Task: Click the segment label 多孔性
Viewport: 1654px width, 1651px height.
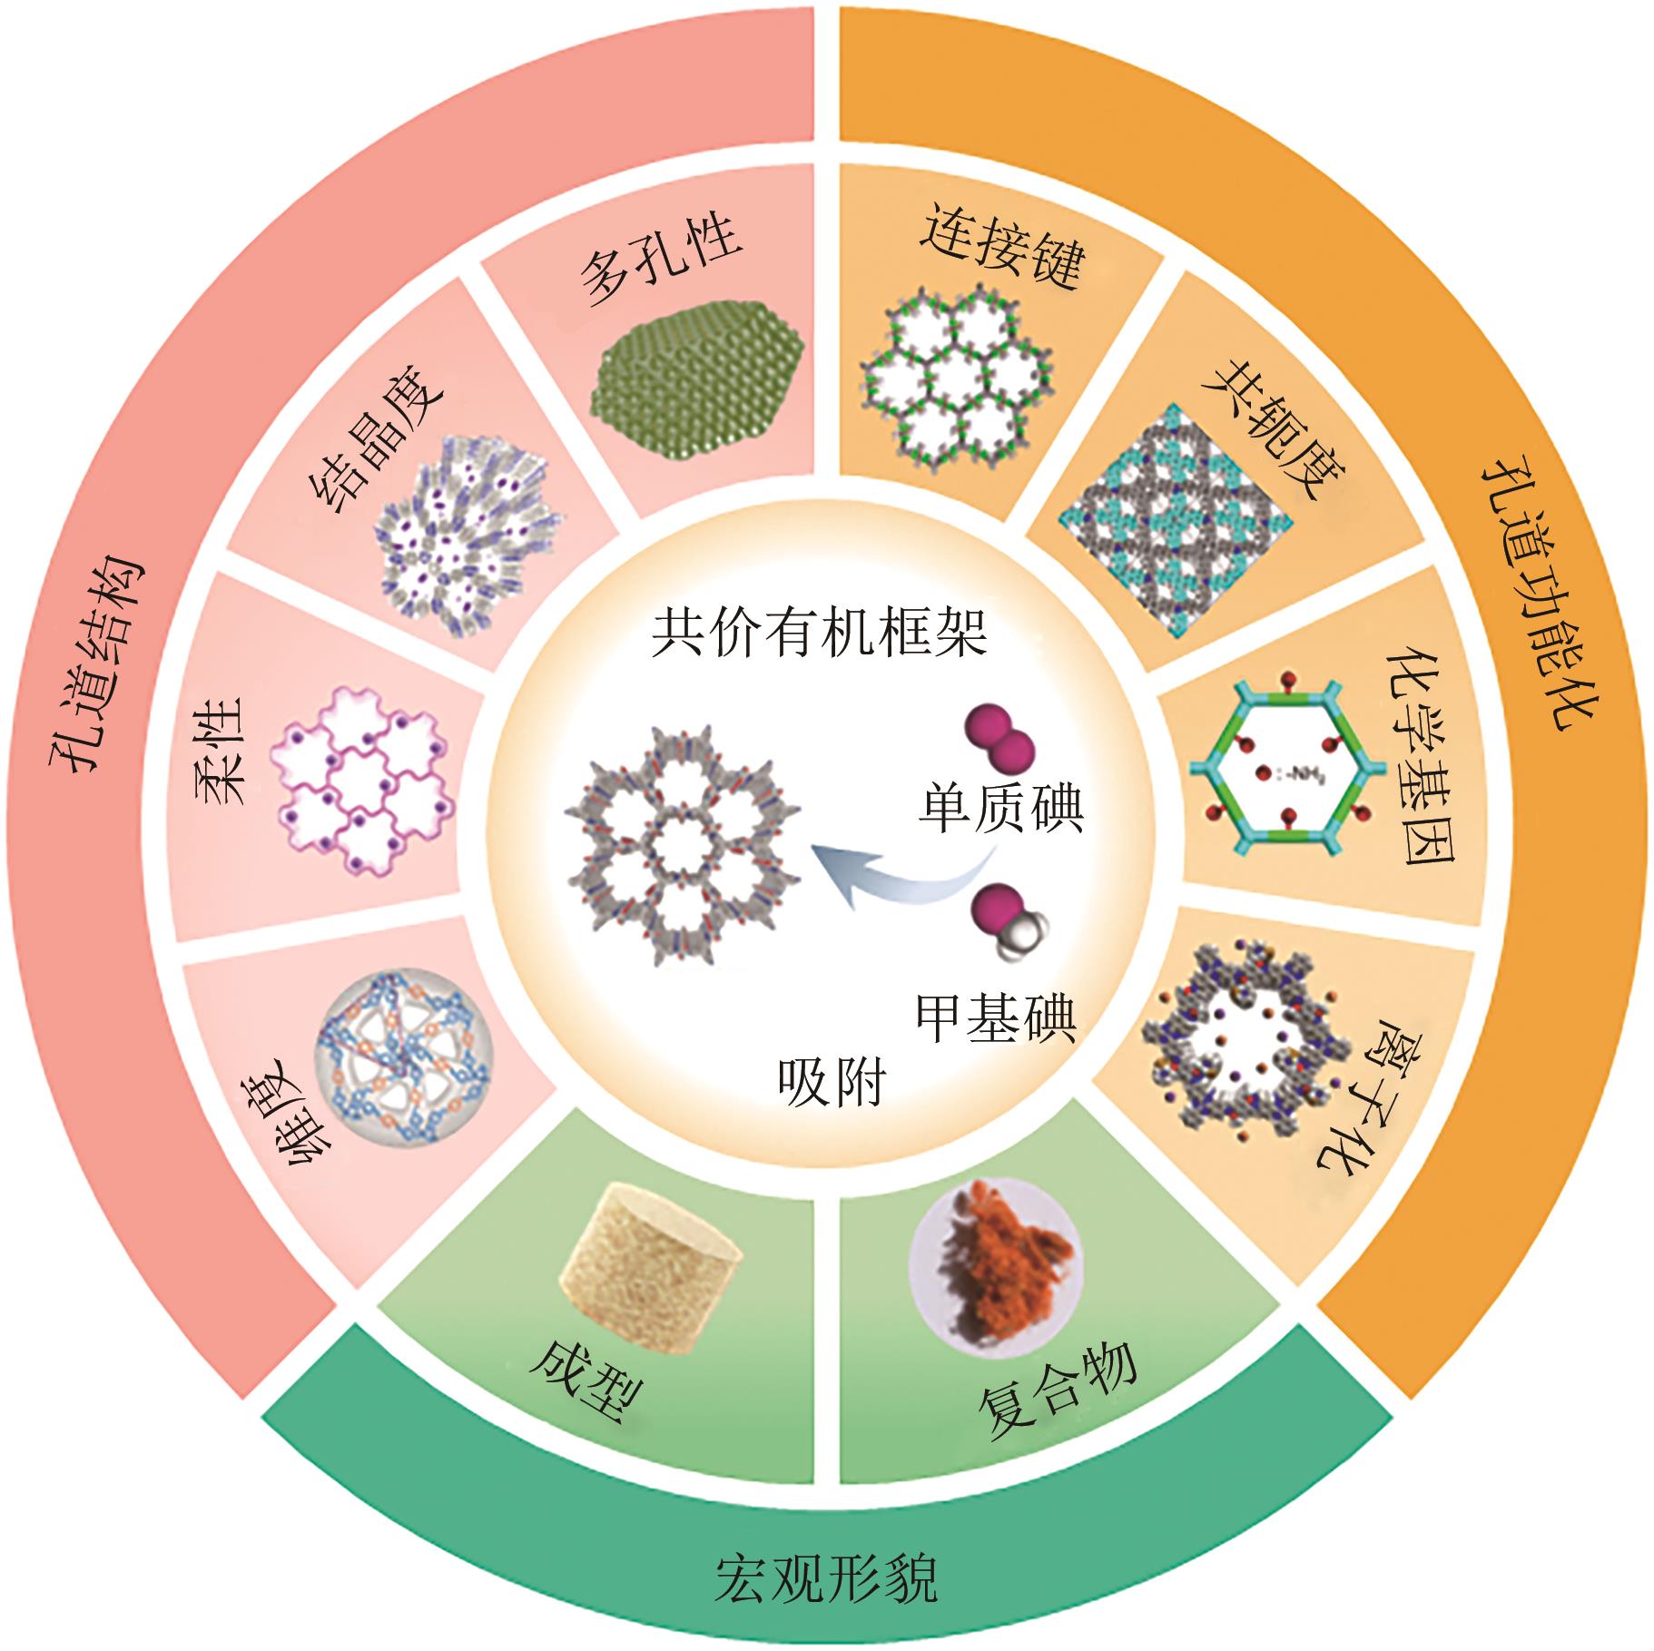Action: [661, 263]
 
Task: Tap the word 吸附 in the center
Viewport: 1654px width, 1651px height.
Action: [832, 1080]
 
